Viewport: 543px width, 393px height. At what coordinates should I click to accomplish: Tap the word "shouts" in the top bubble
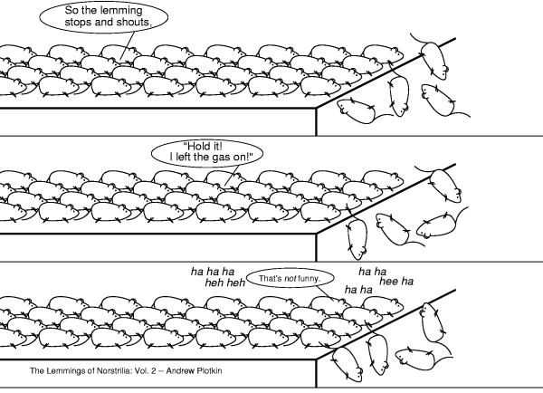133,22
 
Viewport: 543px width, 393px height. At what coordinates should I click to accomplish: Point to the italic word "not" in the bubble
291,278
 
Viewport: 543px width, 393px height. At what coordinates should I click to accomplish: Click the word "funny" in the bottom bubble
309,279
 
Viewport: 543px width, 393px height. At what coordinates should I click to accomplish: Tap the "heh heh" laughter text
225,283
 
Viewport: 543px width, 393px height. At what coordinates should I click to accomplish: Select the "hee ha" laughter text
396,281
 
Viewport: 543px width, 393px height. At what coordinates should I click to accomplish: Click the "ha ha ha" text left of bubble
213,272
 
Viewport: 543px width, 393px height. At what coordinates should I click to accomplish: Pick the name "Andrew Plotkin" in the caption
194,371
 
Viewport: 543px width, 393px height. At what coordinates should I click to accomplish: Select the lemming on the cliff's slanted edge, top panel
433,61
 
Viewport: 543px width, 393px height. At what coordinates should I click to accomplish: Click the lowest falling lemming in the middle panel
357,238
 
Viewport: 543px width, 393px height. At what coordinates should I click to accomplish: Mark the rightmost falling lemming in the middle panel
438,225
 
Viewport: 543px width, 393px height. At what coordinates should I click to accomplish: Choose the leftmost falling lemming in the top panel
357,110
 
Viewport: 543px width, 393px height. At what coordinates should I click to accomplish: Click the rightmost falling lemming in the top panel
439,100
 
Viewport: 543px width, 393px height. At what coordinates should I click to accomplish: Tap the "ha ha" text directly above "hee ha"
372,272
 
